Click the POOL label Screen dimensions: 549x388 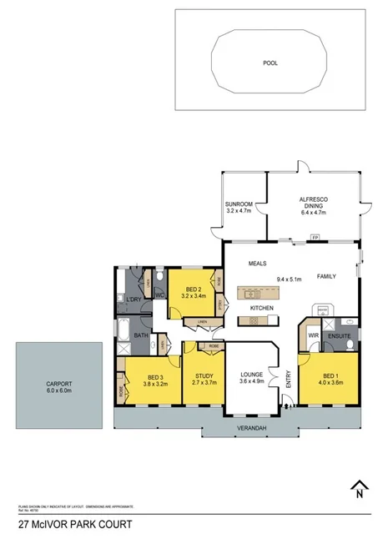(270, 63)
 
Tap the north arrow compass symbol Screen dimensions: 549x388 (360, 487)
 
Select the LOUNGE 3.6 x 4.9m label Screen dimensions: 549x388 (251, 377)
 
